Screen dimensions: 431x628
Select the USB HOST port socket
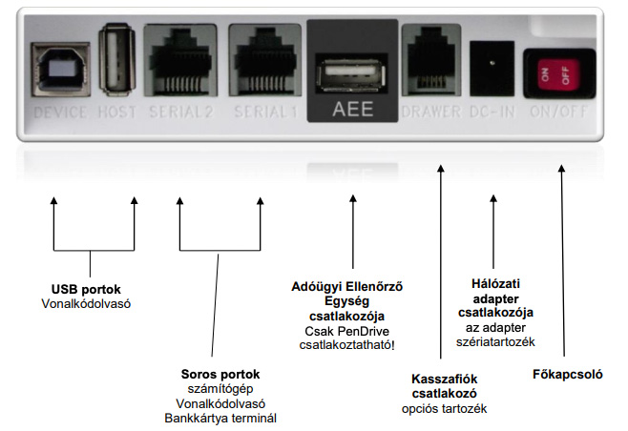pos(116,65)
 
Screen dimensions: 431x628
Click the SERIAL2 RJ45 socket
pos(180,65)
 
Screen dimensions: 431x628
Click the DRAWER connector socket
pos(428,64)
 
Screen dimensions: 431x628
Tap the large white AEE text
pos(353,110)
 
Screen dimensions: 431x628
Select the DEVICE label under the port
pos(60,113)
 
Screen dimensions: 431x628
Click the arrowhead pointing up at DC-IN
pos(492,201)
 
